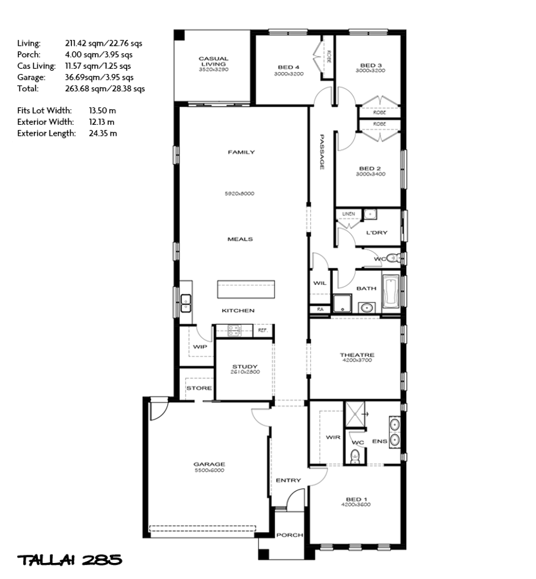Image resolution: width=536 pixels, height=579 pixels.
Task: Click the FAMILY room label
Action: pyautogui.click(x=241, y=152)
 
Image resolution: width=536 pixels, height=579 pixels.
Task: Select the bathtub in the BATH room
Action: pyautogui.click(x=391, y=291)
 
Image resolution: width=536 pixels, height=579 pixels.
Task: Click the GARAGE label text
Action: pyautogui.click(x=210, y=464)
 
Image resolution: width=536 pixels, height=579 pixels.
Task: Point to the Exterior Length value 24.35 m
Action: pyautogui.click(x=103, y=133)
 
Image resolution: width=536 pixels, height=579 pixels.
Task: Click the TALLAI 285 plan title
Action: pyautogui.click(x=70, y=560)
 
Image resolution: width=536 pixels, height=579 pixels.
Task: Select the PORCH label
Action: pyautogui.click(x=289, y=535)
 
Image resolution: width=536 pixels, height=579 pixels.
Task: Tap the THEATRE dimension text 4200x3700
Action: pyautogui.click(x=357, y=361)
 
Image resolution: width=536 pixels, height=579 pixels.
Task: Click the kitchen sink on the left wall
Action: pyautogui.click(x=185, y=300)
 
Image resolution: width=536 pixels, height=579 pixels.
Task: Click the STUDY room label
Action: pyautogui.click(x=245, y=367)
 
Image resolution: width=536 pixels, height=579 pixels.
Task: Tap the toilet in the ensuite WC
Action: pyautogui.click(x=355, y=456)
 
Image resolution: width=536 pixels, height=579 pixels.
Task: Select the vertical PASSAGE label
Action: pyautogui.click(x=321, y=152)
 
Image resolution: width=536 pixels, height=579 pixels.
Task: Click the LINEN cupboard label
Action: pyautogui.click(x=348, y=214)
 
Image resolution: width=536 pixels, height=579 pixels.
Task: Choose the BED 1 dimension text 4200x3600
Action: pyautogui.click(x=357, y=506)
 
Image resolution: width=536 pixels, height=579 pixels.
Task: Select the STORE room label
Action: pyautogui.click(x=199, y=388)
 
